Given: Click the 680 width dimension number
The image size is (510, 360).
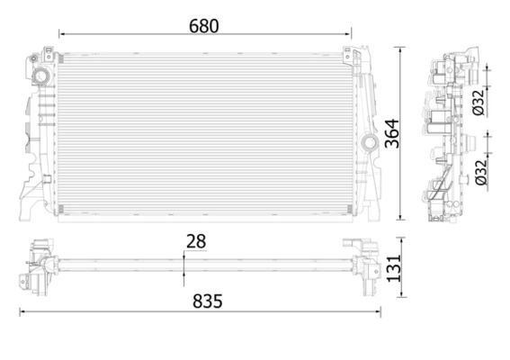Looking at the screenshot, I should (x=203, y=25).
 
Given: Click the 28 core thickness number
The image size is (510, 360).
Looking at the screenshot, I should (x=197, y=242).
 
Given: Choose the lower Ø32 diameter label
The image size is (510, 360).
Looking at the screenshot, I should (x=480, y=170).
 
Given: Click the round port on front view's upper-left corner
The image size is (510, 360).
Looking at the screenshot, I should (x=40, y=76).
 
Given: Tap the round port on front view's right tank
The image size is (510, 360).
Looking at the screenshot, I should (x=368, y=142).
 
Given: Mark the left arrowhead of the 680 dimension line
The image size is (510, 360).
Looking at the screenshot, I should (x=61, y=36).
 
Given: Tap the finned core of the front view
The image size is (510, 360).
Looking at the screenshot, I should (x=207, y=135).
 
